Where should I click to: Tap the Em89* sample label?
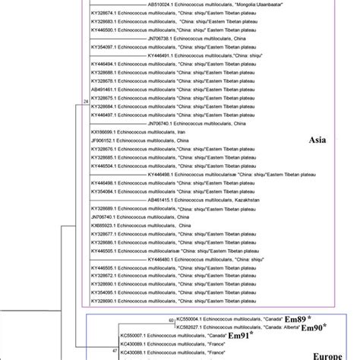[x=296, y=320]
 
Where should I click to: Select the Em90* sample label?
[x=312, y=327]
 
